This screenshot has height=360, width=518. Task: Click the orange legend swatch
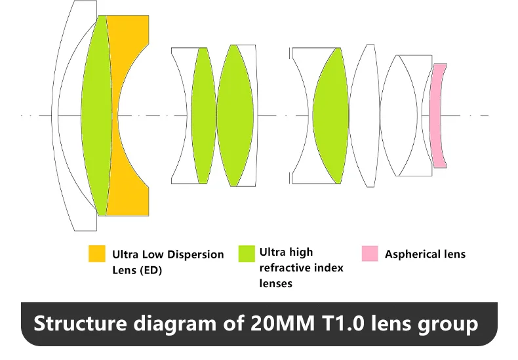[x=97, y=254]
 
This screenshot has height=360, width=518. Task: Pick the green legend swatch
[x=247, y=253]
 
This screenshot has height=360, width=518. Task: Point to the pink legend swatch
[x=370, y=253]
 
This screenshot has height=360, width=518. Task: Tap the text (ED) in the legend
[x=149, y=270]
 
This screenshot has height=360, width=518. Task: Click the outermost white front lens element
[x=66, y=115]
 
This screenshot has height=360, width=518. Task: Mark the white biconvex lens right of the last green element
[x=364, y=115]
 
